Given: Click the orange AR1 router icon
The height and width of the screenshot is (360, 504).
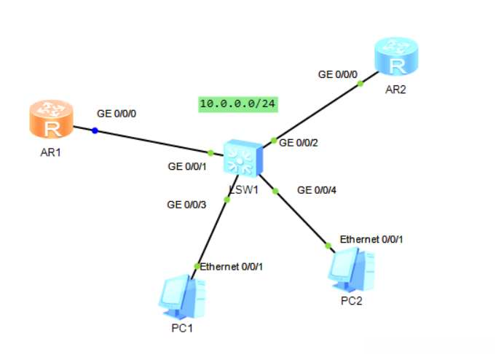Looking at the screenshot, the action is [52, 119].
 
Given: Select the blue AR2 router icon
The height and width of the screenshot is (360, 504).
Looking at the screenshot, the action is [396, 56].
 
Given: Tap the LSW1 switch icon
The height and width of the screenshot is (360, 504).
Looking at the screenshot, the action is [243, 158].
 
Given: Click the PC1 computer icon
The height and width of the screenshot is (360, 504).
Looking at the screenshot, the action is [182, 297].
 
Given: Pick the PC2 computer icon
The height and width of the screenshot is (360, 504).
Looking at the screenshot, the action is [351, 270].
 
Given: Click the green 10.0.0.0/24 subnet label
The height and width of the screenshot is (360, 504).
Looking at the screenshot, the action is [238, 104].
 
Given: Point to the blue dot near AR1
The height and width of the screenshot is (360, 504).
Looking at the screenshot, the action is [95, 130].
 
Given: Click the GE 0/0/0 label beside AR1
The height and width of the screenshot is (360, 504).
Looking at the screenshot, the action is [117, 114].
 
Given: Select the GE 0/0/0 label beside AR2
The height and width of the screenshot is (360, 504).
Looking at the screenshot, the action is [337, 74].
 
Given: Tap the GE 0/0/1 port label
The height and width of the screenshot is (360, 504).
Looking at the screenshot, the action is [187, 166].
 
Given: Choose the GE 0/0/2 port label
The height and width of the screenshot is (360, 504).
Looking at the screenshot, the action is [299, 143].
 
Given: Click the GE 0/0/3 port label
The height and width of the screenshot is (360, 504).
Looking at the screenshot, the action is [186, 205].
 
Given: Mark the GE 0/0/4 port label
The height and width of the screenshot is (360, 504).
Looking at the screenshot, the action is [317, 190].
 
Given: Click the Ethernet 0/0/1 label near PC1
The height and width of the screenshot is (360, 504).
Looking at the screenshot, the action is [231, 267].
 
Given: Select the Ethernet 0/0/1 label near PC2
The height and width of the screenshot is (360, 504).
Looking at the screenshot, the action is [371, 239].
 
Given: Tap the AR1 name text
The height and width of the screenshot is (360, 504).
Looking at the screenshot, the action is [50, 152].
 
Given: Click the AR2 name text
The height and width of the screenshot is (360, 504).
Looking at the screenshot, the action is [395, 90].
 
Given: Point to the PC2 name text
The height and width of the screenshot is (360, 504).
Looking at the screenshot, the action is [351, 301].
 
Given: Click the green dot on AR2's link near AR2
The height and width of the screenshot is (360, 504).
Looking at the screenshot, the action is [361, 84].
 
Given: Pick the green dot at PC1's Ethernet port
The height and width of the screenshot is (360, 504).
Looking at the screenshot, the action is [197, 267].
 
